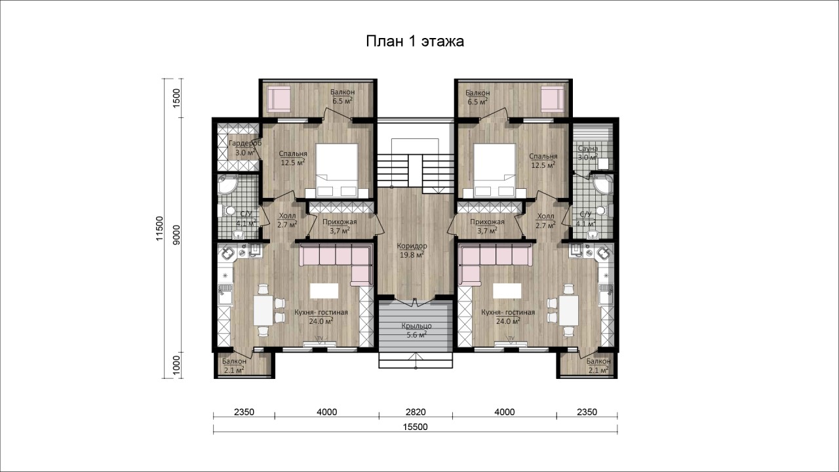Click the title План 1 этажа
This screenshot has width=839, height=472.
click(x=415, y=41)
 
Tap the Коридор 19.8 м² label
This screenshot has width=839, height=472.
click(x=412, y=250)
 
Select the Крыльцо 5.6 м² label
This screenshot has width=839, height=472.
click(x=416, y=330)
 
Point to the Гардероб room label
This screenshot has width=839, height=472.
click(x=245, y=143)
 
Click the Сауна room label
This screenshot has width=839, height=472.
click(x=588, y=148)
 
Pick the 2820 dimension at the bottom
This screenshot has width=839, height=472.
click(x=416, y=412)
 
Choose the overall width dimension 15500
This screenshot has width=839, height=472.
click(x=416, y=427)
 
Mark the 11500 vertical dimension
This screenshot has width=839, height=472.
click(x=160, y=229)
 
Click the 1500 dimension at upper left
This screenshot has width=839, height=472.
click(x=177, y=98)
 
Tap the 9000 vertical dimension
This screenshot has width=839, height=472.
click(x=177, y=235)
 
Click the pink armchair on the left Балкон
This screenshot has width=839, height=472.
click(x=279, y=98)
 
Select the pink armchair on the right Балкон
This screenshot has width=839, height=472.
click(x=553, y=98)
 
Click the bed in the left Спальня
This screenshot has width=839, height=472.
click(x=337, y=170)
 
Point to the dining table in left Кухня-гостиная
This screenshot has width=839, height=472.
click(x=263, y=311)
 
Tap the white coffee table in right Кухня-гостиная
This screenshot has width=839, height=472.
click(x=507, y=290)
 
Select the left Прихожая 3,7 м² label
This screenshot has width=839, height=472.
click(x=340, y=226)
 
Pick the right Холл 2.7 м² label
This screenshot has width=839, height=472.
click(x=546, y=221)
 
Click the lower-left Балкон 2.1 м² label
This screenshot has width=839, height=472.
click(x=234, y=366)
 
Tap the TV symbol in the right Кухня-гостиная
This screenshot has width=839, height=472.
click(x=511, y=339)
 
